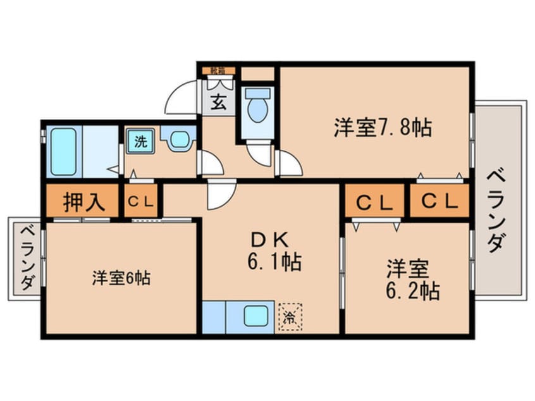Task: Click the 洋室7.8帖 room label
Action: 383,128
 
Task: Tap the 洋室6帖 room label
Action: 121,278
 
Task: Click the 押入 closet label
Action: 82,202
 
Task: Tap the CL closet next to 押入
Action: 142,202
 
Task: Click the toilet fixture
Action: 257,108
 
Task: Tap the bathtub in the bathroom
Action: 63,152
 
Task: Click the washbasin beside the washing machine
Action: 178,139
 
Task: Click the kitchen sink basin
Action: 256,315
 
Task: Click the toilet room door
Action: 259,154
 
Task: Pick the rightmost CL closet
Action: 440,202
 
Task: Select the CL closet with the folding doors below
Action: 375,202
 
